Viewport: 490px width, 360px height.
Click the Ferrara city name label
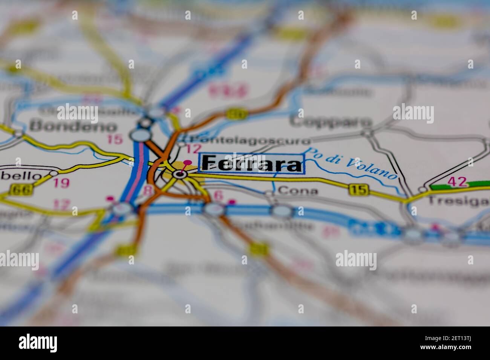(x=252, y=163)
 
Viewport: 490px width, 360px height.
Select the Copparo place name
(x=331, y=122)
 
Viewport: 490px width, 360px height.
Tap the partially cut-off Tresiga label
(x=458, y=201)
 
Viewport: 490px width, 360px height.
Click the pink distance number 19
(x=61, y=183)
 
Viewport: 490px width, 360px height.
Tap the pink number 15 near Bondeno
(x=115, y=139)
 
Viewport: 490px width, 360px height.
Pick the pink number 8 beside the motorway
(x=149, y=190)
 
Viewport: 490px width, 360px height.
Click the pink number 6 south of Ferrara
(x=218, y=195)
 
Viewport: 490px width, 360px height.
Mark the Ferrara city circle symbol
(x=180, y=174)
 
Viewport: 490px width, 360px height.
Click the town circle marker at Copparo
(x=367, y=133)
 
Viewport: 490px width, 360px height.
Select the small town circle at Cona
(x=268, y=193)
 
